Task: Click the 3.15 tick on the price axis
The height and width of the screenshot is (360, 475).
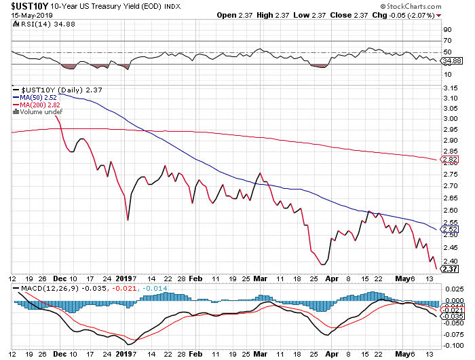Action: click(449, 87)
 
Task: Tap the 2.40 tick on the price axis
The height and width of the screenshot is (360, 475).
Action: click(449, 262)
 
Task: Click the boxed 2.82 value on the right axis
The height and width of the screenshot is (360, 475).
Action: click(449, 161)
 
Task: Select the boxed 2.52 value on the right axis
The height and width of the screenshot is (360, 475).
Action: click(449, 230)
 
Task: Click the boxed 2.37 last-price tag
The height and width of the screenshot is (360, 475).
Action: click(449, 270)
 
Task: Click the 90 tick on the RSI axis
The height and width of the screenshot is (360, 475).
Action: click(447, 30)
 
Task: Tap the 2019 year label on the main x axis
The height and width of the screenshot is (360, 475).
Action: click(124, 278)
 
